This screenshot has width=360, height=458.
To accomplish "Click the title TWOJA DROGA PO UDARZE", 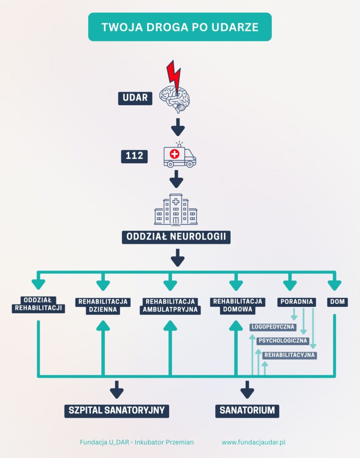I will [180, 27].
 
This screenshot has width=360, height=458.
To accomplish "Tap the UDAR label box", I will [135, 98].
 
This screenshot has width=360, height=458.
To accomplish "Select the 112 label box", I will [134, 156].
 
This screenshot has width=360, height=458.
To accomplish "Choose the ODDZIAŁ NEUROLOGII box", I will [176, 237].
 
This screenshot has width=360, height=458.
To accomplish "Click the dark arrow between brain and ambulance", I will [178, 127].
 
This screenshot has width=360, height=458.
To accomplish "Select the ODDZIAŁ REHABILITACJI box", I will [38, 304].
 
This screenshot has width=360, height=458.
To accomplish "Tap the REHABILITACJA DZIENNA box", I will [103, 305].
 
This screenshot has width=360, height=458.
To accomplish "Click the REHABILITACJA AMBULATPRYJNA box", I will [170, 305].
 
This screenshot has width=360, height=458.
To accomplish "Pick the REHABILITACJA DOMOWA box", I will [237, 305].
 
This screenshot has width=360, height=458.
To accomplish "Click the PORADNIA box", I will [296, 302].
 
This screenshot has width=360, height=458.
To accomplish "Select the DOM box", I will [337, 302].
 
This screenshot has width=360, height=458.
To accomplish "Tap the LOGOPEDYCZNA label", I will [273, 327].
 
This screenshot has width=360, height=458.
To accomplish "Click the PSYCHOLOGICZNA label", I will [283, 341].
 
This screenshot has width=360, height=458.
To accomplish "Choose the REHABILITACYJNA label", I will [290, 355].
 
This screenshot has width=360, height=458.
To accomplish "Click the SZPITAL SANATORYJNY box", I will [116, 410].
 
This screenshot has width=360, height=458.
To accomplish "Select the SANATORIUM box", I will [247, 410].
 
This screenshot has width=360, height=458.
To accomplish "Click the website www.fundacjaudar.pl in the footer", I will [254, 442].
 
